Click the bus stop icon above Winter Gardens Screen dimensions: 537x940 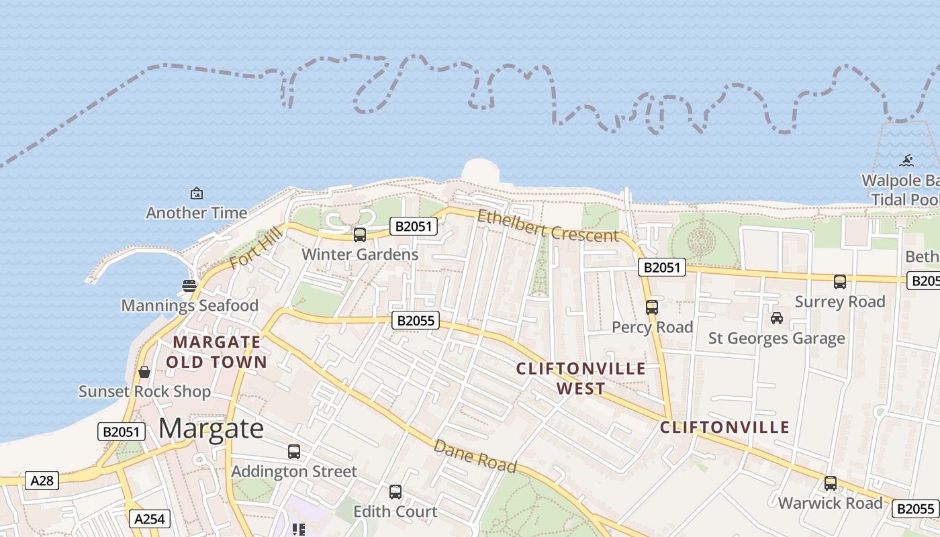(360, 235)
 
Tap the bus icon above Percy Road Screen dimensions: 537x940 (651, 307)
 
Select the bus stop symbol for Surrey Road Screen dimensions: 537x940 (839, 282)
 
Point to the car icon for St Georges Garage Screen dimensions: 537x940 (777, 318)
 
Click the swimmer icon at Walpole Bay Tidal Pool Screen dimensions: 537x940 (906, 160)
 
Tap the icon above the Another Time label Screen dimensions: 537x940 (197, 193)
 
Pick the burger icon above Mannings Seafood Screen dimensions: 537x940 (189, 285)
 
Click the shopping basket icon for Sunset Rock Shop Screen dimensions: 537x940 (144, 371)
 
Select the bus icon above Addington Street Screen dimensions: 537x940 (294, 452)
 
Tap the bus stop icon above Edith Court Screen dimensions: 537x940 (395, 492)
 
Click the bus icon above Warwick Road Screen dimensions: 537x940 (831, 483)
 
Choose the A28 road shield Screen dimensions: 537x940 (42, 480)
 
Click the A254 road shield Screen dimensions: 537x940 (150, 518)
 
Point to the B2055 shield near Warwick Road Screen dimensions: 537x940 (915, 509)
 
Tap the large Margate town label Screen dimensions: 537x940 (211, 428)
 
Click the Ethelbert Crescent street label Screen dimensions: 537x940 (548, 226)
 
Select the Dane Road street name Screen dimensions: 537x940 (475, 456)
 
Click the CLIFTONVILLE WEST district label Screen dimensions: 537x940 (581, 378)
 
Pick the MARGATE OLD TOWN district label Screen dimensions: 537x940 (216, 352)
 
